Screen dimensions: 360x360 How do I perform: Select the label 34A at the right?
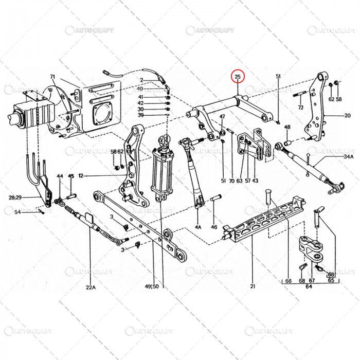click(x=349, y=156)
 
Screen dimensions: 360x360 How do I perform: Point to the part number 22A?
click(x=91, y=287)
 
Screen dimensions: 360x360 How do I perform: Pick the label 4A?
click(x=199, y=226)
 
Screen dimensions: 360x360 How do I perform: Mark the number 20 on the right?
click(x=347, y=116)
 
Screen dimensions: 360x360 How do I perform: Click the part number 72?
click(x=301, y=107)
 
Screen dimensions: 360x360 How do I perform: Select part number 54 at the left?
click(x=17, y=212)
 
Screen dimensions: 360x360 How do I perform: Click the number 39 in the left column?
click(x=140, y=116)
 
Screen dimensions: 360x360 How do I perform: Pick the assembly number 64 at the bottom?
click(x=309, y=287)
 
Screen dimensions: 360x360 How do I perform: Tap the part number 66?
click(x=288, y=281)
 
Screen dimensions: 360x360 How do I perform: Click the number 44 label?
click(x=60, y=176)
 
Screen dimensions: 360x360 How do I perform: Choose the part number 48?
click(x=287, y=127)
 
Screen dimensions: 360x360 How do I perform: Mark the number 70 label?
click(x=231, y=181)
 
